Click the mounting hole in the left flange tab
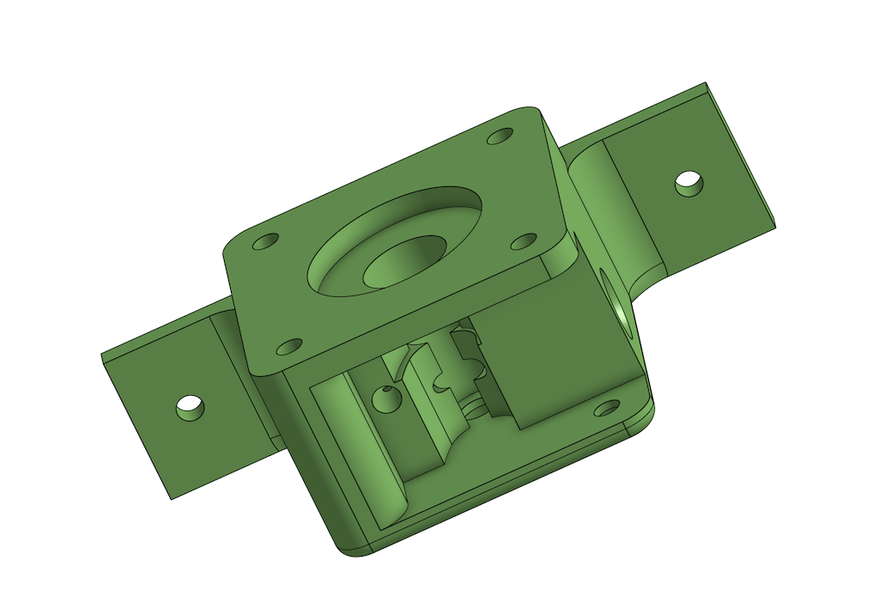(x=191, y=407)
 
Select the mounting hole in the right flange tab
(x=689, y=183)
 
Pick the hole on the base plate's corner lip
(x=608, y=407)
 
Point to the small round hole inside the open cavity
(x=385, y=398)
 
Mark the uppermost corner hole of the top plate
(x=500, y=136)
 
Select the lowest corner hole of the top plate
(x=289, y=347)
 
